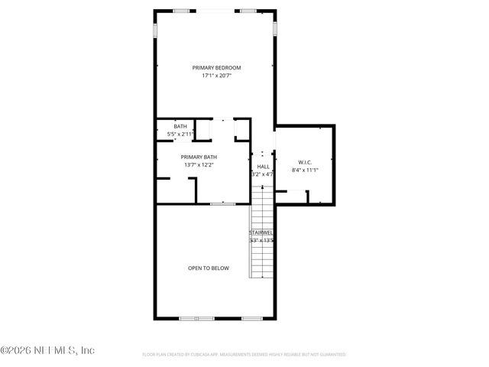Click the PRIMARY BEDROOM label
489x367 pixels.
coord(216,68)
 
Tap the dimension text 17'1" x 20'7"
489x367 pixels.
coord(216,76)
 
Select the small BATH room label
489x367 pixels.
coord(180,126)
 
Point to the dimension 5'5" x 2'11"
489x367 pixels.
coord(180,134)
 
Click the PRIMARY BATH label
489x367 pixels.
coord(199,157)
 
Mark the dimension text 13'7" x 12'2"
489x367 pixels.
coord(199,164)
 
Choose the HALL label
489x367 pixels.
coord(263,167)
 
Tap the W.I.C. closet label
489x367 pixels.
coord(304,162)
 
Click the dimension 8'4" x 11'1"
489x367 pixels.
coord(304,170)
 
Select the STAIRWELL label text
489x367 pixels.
coord(261,232)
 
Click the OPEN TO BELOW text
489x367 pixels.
coord(209,268)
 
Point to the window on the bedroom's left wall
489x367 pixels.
coord(155,31)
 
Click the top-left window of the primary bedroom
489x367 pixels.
coord(183,11)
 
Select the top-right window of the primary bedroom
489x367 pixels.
coord(248,11)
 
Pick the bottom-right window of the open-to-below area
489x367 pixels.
coord(252,318)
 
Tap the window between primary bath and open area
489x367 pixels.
coord(222,204)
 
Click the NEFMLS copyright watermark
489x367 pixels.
coord(47,350)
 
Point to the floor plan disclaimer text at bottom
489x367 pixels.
coord(244,355)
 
